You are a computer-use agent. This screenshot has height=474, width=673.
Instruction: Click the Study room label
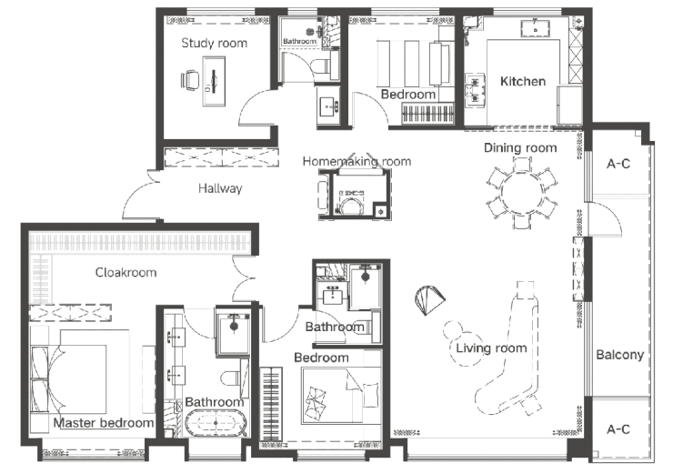click(x=214, y=43)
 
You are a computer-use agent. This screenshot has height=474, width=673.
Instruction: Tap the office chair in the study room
click(x=190, y=81)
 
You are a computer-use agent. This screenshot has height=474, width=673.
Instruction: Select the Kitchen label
click(x=523, y=81)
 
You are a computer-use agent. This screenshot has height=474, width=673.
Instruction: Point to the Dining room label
click(x=520, y=147)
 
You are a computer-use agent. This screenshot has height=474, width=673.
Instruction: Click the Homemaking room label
click(x=357, y=161)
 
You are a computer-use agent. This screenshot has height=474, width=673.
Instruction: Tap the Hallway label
click(x=220, y=188)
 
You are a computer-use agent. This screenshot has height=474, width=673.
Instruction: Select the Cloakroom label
click(x=126, y=272)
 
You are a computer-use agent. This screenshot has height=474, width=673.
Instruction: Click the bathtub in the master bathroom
click(x=216, y=423)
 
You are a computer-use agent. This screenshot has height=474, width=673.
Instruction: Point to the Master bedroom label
click(x=104, y=423)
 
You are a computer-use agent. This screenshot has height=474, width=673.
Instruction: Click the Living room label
click(x=491, y=348)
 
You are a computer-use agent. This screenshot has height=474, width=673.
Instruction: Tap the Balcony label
click(x=619, y=355)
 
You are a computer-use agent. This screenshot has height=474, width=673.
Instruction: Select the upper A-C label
click(x=618, y=164)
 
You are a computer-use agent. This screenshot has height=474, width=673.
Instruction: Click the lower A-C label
click(x=618, y=429)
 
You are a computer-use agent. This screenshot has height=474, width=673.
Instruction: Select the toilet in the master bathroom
click(x=235, y=378)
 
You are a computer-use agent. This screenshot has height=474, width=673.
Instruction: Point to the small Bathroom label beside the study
click(x=299, y=41)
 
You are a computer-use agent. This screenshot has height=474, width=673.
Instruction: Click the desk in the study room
click(x=214, y=81)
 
